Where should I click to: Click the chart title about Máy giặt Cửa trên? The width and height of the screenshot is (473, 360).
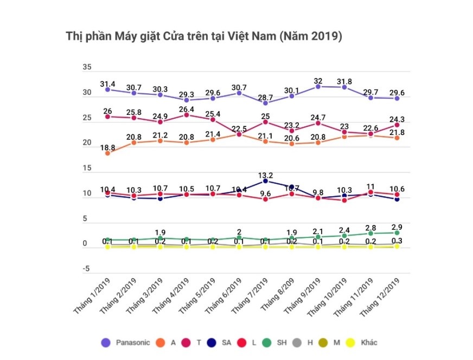pyautogui.click(x=203, y=37)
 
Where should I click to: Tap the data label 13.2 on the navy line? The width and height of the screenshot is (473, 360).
pyautogui.click(x=266, y=175)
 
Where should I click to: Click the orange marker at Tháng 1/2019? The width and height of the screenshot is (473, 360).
pyautogui.click(x=108, y=153)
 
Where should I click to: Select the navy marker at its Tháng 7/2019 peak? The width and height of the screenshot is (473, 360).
pyautogui.click(x=266, y=181)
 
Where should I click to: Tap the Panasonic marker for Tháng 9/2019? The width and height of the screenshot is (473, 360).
pyautogui.click(x=318, y=86)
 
